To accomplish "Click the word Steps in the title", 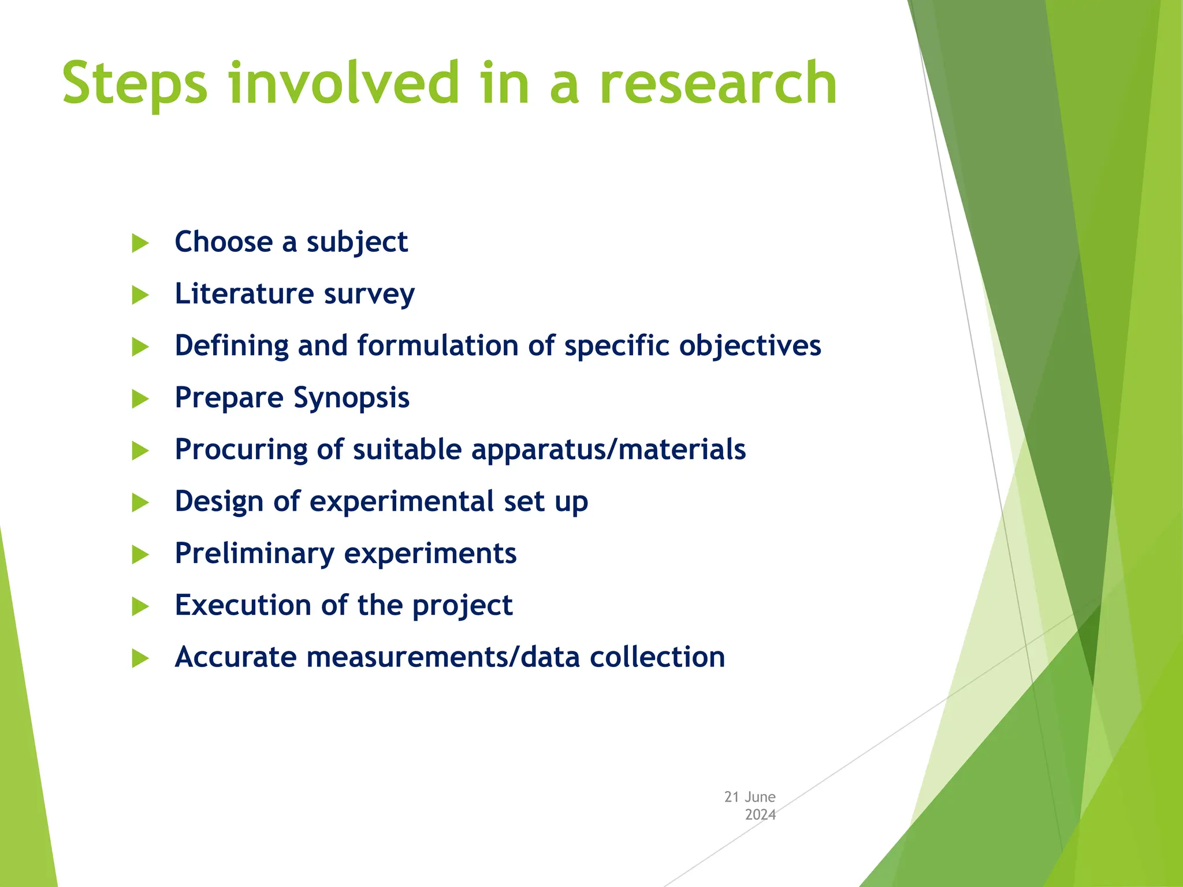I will (x=135, y=84).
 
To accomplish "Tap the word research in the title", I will (x=718, y=84).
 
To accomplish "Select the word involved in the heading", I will (x=344, y=84).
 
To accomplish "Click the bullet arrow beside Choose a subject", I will (x=140, y=243).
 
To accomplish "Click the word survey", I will (x=369, y=295).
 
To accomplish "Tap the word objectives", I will (x=750, y=346).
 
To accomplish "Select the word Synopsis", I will (x=351, y=398).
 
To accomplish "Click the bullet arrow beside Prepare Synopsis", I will (x=140, y=398).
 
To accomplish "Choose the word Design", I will (x=219, y=501).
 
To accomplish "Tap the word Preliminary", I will (x=254, y=553).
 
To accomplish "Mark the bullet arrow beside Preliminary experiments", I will (x=140, y=554).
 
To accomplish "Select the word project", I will (x=462, y=606).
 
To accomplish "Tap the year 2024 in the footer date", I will (x=760, y=815).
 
